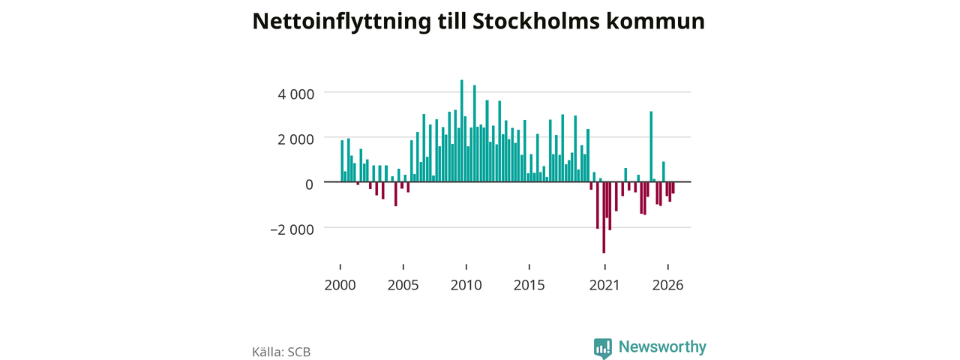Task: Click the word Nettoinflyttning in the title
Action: (341, 22)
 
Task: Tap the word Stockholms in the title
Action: (535, 21)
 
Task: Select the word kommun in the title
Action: (655, 21)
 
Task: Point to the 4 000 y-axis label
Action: (295, 94)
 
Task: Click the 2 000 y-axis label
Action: (295, 139)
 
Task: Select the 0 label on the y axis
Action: (309, 184)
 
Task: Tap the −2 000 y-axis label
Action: (292, 229)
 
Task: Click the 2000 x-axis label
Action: (340, 286)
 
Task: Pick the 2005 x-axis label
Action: (403, 286)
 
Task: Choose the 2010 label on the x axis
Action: (466, 286)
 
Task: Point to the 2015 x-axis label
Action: (529, 286)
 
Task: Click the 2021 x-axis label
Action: (604, 286)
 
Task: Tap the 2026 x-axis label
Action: (667, 286)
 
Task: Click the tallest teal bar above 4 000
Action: (461, 130)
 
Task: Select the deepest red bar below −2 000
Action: (604, 217)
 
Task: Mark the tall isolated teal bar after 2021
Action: (651, 146)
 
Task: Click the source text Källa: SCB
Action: (281, 352)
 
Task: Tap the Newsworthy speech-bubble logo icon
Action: (602, 348)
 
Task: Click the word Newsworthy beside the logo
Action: (662, 346)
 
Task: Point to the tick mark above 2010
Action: (466, 267)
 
